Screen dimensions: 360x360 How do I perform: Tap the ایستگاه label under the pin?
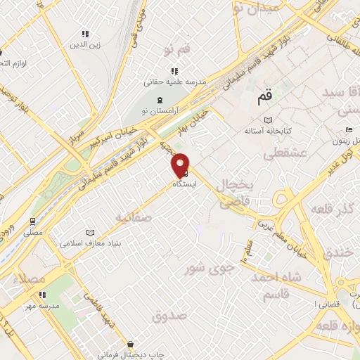tap(185, 184)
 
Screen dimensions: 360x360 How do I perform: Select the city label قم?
tap(264, 99)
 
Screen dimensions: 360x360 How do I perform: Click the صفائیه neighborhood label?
tap(134, 217)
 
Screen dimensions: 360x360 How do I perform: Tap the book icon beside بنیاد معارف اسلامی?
tap(89, 233)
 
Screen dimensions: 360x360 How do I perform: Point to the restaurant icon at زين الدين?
tap(85, 34)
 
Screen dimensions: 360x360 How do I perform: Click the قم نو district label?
tap(176, 49)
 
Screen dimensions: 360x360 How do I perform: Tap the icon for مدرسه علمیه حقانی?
tap(174, 71)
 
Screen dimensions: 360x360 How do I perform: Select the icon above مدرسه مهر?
tap(41, 295)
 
